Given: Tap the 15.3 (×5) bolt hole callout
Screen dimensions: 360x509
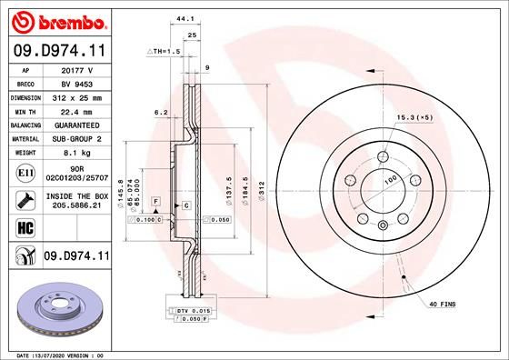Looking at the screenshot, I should pos(414,117).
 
